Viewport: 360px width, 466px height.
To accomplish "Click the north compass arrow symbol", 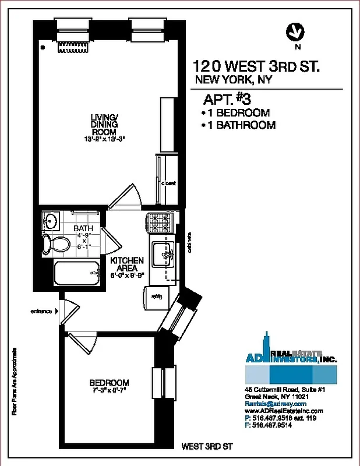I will click(x=297, y=33).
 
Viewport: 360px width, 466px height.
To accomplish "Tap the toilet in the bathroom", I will click(x=50, y=244).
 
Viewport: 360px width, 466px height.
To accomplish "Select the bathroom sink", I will click(x=51, y=221).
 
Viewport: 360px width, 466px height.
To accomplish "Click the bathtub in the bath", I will click(x=76, y=272).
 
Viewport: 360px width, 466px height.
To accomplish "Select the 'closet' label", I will click(x=169, y=183).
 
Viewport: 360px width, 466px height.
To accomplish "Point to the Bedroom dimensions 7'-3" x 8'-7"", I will click(x=109, y=390).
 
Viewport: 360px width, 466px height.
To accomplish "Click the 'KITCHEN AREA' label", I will click(x=126, y=264).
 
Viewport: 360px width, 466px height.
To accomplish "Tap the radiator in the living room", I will click(x=72, y=47).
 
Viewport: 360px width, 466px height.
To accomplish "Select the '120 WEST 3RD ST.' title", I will click(x=256, y=66).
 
